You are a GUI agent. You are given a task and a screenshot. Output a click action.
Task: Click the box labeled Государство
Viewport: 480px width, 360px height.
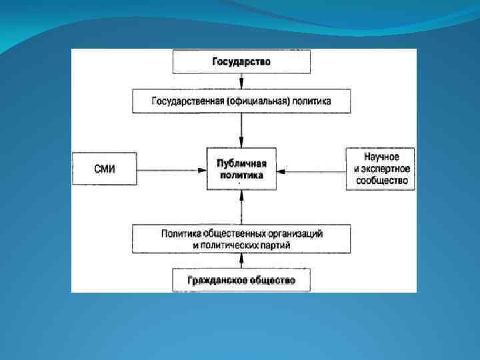click(x=241, y=62)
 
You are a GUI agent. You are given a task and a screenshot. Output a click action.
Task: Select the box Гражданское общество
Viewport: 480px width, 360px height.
click(x=241, y=280)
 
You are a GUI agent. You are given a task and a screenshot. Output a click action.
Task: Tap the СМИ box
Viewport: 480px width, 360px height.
click(x=104, y=170)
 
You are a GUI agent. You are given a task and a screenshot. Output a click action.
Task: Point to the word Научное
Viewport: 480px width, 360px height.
click(x=381, y=157)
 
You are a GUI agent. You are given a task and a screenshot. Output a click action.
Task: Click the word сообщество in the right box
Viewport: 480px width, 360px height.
click(x=381, y=180)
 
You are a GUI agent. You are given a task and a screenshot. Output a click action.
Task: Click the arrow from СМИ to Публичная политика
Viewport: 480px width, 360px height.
click(x=171, y=170)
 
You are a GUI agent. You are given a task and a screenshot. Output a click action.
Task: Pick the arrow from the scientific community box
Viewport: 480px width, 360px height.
click(x=310, y=171)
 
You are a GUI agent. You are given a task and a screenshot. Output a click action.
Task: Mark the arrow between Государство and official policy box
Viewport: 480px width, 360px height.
click(x=241, y=82)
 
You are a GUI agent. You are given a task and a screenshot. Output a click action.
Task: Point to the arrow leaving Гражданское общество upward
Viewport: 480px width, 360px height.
click(x=241, y=261)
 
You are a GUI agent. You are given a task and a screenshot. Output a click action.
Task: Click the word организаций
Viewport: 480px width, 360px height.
click(x=295, y=234)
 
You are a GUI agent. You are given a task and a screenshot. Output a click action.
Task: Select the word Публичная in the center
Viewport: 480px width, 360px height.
click(x=241, y=163)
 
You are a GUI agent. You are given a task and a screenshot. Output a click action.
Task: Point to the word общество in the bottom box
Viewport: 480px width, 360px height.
click(x=271, y=280)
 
